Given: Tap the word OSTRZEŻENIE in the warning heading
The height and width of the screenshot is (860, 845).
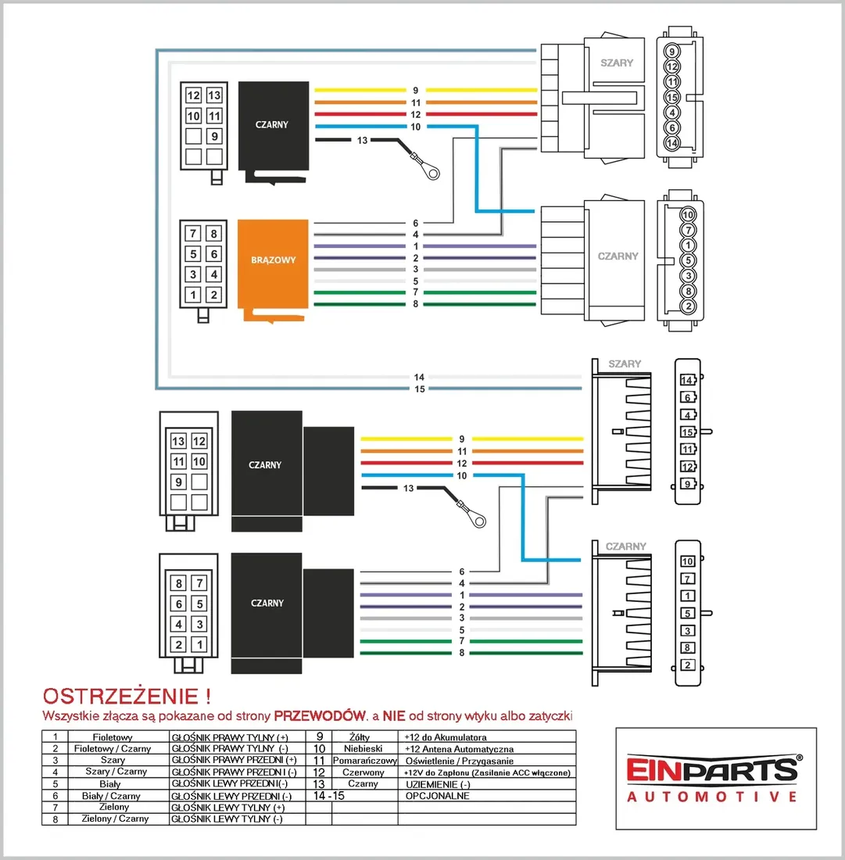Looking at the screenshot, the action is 120,696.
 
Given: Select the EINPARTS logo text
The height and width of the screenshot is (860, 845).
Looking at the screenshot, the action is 712,769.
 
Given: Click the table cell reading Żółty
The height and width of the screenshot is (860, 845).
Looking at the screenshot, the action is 360,737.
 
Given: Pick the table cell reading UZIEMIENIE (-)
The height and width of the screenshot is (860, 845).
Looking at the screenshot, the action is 438,783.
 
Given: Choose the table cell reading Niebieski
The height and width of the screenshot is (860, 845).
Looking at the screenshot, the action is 363,749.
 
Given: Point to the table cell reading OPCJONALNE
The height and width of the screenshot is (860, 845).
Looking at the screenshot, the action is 437,795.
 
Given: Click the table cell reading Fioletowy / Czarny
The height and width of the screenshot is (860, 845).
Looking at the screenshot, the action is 113,749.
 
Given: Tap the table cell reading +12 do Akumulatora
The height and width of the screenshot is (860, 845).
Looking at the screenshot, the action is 446,737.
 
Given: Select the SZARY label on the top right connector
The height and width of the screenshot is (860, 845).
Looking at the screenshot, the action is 617,63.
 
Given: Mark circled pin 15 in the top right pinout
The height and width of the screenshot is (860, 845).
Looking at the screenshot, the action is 671,97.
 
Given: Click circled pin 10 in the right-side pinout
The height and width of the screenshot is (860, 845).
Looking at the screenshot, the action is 688,214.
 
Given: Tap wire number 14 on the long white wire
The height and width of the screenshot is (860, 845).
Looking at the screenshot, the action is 419,377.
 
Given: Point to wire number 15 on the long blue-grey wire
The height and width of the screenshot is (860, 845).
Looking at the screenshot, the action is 420,389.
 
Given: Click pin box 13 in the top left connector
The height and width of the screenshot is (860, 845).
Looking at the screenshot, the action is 214,95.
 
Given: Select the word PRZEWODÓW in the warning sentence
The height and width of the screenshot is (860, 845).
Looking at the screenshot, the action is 320,715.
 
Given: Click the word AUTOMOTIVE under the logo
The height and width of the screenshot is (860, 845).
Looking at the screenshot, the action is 712,797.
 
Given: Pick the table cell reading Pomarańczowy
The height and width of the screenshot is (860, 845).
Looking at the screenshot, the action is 364,761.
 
